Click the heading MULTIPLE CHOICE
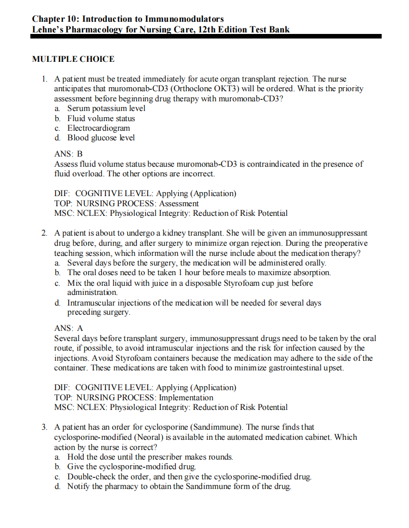[x=73, y=59]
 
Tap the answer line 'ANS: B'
[x=68, y=154]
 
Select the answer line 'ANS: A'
[x=68, y=328]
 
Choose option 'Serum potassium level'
[x=106, y=108]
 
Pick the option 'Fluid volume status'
[x=101, y=118]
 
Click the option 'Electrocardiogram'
[x=99, y=128]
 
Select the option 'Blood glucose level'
[x=101, y=138]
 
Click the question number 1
[x=45, y=79]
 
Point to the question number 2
[x=45, y=233]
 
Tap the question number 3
[x=45, y=427]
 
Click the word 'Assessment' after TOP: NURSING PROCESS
[x=179, y=203]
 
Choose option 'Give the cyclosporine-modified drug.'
[x=132, y=466]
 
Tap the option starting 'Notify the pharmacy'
[x=179, y=486]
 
